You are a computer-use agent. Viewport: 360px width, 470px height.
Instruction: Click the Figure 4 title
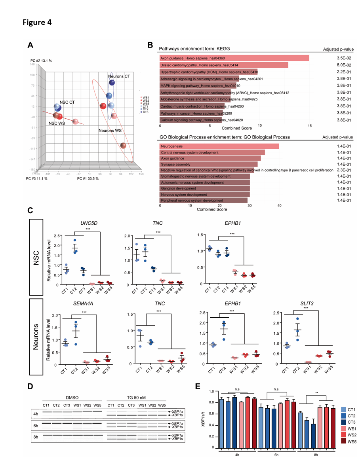37,22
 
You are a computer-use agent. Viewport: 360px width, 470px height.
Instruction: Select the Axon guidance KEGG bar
234,58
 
